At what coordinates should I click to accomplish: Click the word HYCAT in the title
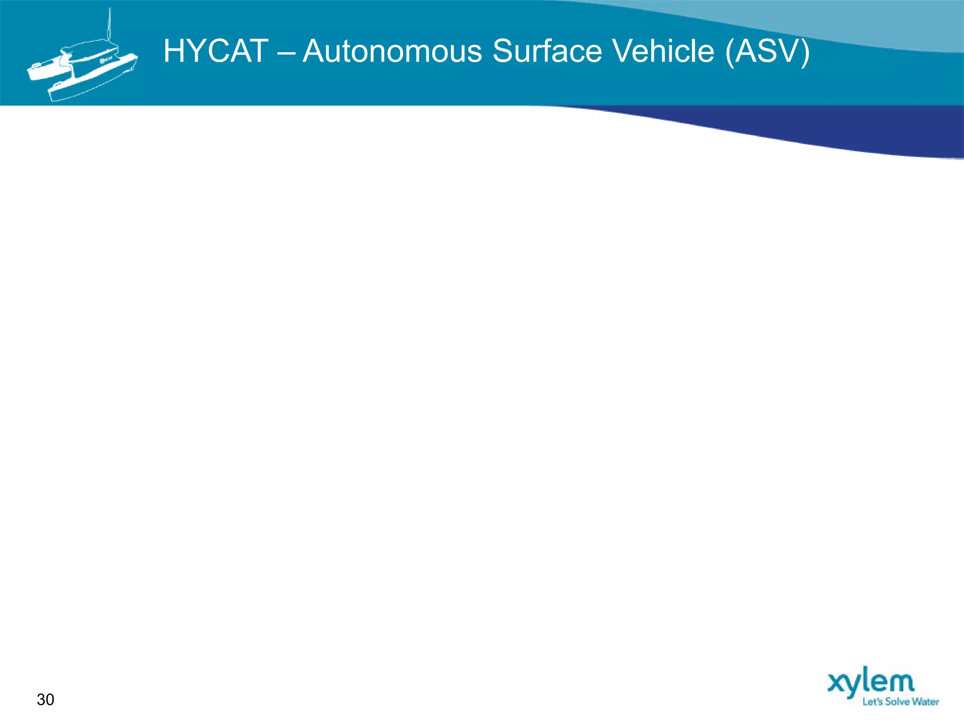point(216,51)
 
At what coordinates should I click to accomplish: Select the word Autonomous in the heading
point(392,51)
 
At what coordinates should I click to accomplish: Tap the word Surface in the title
point(547,51)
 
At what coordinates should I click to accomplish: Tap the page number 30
point(46,699)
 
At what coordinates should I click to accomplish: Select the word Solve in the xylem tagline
point(897,702)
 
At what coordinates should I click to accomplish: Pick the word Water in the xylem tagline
point(926,702)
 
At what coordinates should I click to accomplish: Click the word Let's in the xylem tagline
point(873,702)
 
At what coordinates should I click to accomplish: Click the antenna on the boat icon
point(110,26)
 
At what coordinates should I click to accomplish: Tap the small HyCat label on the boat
point(105,60)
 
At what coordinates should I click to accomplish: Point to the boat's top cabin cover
point(89,49)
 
